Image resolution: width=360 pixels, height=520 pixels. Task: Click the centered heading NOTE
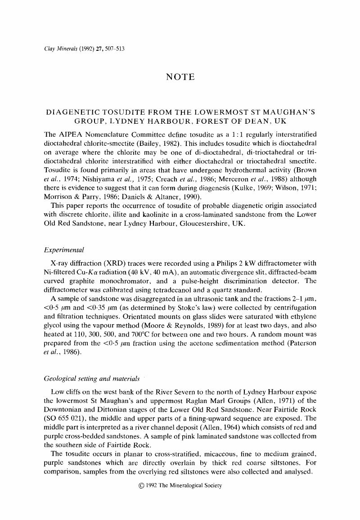(180, 77)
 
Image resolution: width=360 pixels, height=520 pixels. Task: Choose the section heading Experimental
(64, 250)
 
